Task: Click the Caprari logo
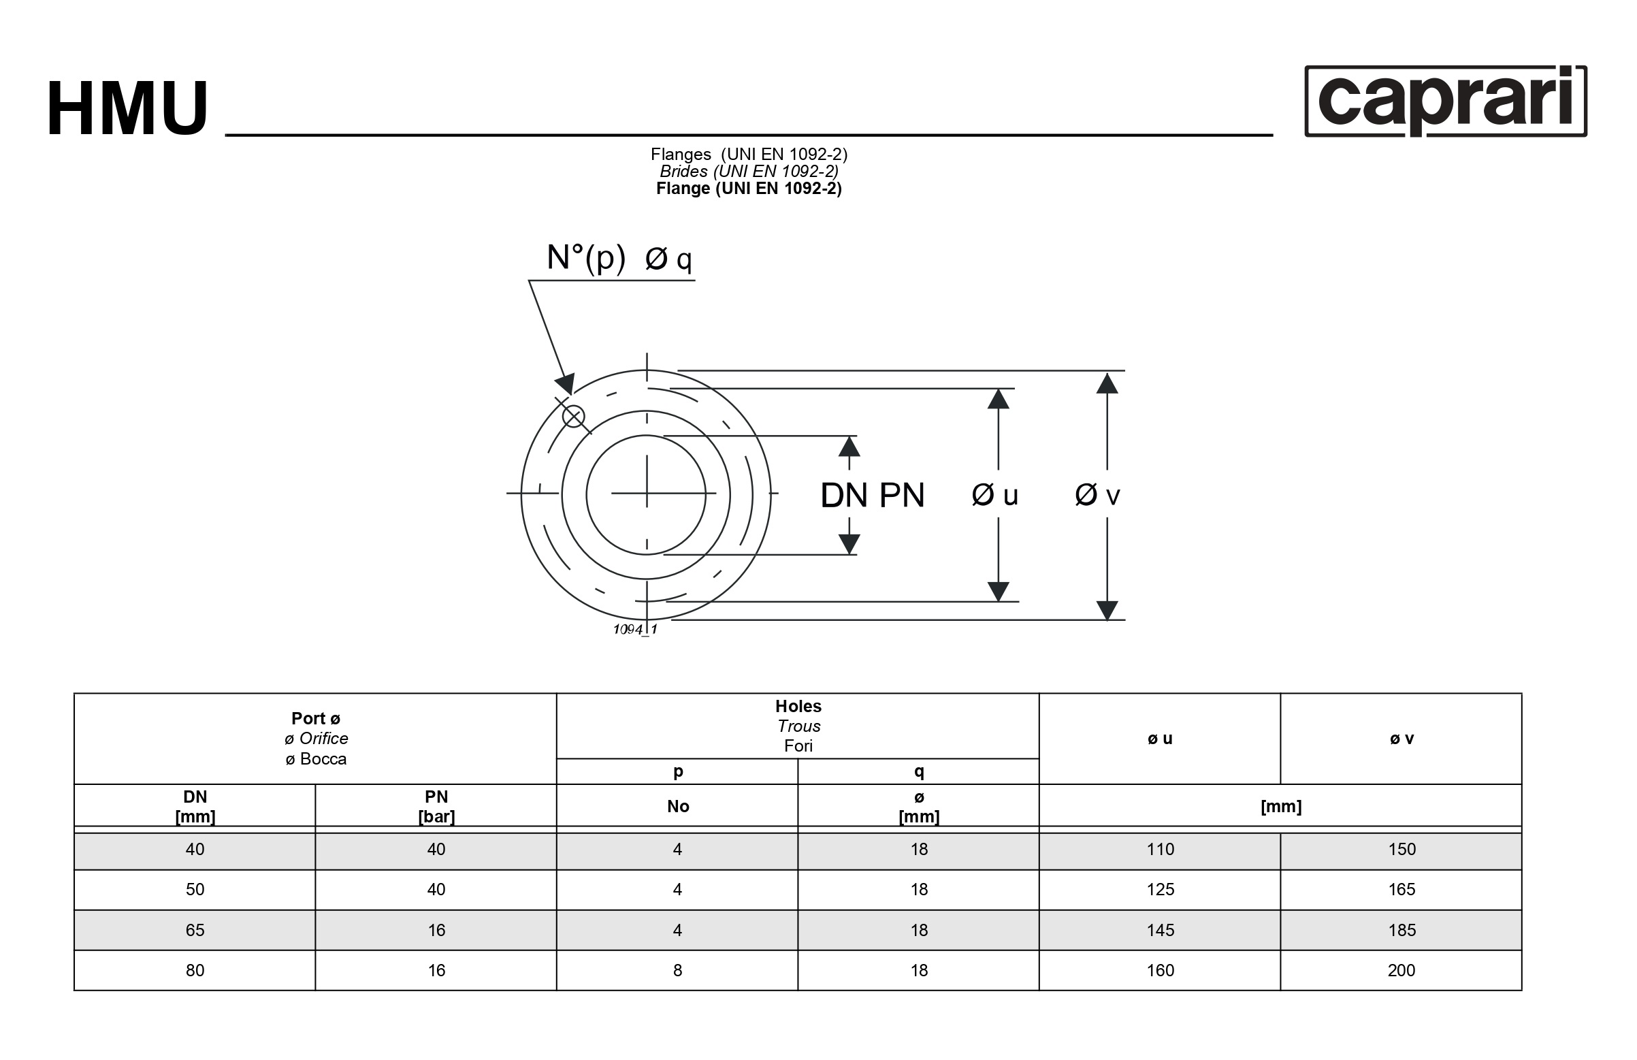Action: (1445, 101)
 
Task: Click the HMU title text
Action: (127, 109)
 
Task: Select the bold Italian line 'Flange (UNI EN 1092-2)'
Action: (748, 189)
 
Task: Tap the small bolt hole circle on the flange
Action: (574, 416)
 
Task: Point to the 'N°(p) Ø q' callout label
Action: (619, 259)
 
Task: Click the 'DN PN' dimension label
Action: (872, 495)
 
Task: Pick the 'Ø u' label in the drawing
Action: (994, 494)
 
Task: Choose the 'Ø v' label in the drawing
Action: (1098, 494)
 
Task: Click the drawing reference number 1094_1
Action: (635, 630)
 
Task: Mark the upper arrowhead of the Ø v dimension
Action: (1107, 383)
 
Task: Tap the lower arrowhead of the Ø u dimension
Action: (998, 591)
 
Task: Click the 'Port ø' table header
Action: (316, 718)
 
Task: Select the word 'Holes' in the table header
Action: (798, 706)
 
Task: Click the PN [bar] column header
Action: (436, 806)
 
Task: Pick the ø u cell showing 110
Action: (1161, 850)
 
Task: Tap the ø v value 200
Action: (1401, 971)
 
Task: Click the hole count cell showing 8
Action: (677, 971)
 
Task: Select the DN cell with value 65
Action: (195, 930)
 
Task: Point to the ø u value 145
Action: (1161, 930)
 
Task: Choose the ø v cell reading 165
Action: (1401, 889)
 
